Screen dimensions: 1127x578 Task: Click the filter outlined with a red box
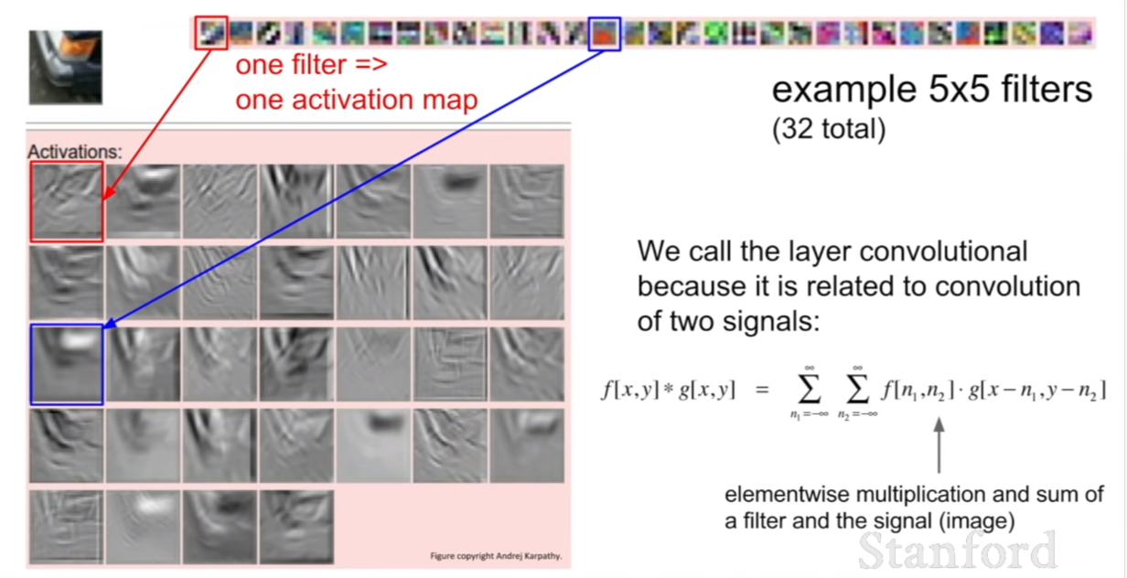click(x=211, y=33)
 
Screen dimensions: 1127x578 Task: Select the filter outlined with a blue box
click(x=605, y=34)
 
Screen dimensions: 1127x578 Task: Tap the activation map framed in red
click(x=67, y=201)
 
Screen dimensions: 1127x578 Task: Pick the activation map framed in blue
click(x=67, y=365)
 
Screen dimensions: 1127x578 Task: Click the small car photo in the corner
click(x=66, y=68)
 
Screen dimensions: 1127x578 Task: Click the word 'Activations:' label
click(x=74, y=152)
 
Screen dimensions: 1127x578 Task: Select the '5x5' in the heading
click(x=959, y=90)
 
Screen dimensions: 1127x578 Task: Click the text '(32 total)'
click(x=829, y=129)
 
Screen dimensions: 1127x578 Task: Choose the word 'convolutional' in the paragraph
click(x=943, y=251)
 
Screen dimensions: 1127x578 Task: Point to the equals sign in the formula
click(x=762, y=390)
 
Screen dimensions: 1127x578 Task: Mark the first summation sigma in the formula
click(x=809, y=390)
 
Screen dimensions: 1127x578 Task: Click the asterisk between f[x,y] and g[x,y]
click(x=669, y=389)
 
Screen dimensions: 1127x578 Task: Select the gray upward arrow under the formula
click(x=939, y=445)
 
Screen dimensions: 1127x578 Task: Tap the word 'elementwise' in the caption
click(x=788, y=495)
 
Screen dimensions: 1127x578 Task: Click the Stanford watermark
click(x=958, y=551)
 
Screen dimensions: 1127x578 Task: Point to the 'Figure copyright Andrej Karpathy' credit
click(x=496, y=556)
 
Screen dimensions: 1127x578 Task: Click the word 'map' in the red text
click(x=450, y=100)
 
